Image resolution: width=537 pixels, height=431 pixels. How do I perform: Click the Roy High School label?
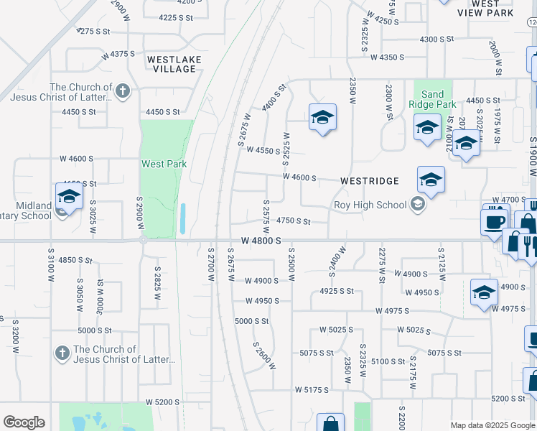coord(370,205)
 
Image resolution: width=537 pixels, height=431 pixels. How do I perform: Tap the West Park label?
coord(164,164)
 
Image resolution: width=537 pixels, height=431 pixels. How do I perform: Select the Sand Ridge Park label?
coord(432,99)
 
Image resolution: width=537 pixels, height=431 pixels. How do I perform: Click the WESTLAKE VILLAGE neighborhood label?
coord(174,64)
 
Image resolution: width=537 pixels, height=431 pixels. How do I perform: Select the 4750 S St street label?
coord(293,222)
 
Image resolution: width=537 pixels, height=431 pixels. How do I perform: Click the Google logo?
coord(24,422)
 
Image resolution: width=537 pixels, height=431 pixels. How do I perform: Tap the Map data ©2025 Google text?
coord(492,425)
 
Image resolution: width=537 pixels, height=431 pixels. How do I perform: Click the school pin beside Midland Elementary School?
coord(69,196)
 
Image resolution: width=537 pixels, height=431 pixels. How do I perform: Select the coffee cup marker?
coord(494,221)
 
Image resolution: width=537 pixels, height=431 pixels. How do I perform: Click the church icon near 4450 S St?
coord(123,91)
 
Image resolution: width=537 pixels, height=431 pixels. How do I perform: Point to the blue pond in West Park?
coord(183,218)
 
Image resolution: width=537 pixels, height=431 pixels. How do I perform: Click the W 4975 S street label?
coord(392,311)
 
